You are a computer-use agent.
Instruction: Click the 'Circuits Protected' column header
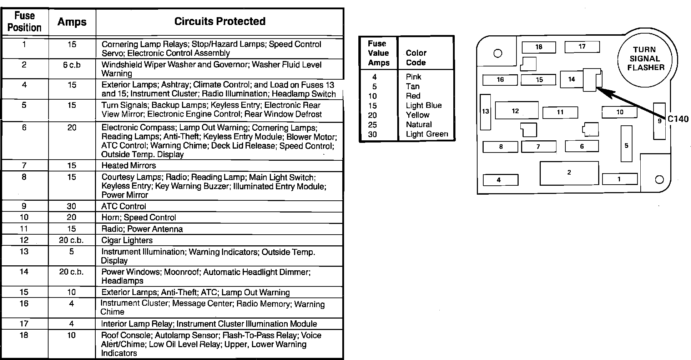coord(220,21)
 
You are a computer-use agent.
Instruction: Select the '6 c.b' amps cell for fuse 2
coord(72,65)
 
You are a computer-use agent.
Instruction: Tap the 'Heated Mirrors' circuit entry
coord(128,165)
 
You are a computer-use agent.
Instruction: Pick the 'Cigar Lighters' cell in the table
coord(127,240)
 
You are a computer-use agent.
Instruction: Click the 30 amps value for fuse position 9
coord(71,206)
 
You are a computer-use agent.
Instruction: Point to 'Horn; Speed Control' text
coord(138,217)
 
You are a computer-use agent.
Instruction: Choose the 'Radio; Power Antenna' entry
coord(142,229)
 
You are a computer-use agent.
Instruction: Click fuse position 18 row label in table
coord(24,335)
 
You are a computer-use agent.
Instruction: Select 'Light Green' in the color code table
coord(427,134)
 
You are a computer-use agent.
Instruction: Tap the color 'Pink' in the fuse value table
coord(413,77)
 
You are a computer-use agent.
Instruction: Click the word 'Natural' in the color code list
coord(419,124)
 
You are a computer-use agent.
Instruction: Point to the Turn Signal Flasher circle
coord(646,59)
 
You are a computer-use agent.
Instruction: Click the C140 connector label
coord(678,119)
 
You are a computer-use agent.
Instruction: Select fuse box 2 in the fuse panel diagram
coord(569,173)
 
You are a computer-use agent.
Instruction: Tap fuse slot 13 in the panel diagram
coord(485,112)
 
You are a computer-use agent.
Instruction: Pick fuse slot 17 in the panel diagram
coord(582,46)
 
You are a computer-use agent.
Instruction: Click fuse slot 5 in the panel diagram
coord(626,144)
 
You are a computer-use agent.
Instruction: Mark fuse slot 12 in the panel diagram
coord(516,110)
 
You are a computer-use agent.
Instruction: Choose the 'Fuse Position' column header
coord(24,21)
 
